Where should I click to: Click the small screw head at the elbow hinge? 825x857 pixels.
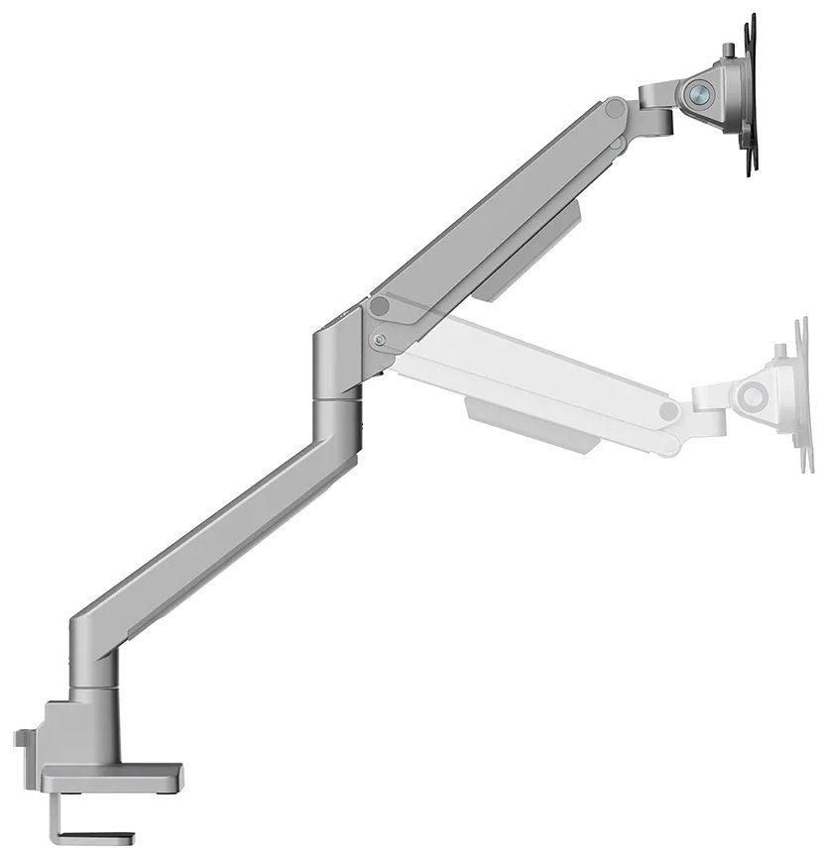(379, 340)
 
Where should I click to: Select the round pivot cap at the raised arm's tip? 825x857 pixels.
(616, 106)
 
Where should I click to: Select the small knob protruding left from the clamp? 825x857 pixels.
(21, 739)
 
